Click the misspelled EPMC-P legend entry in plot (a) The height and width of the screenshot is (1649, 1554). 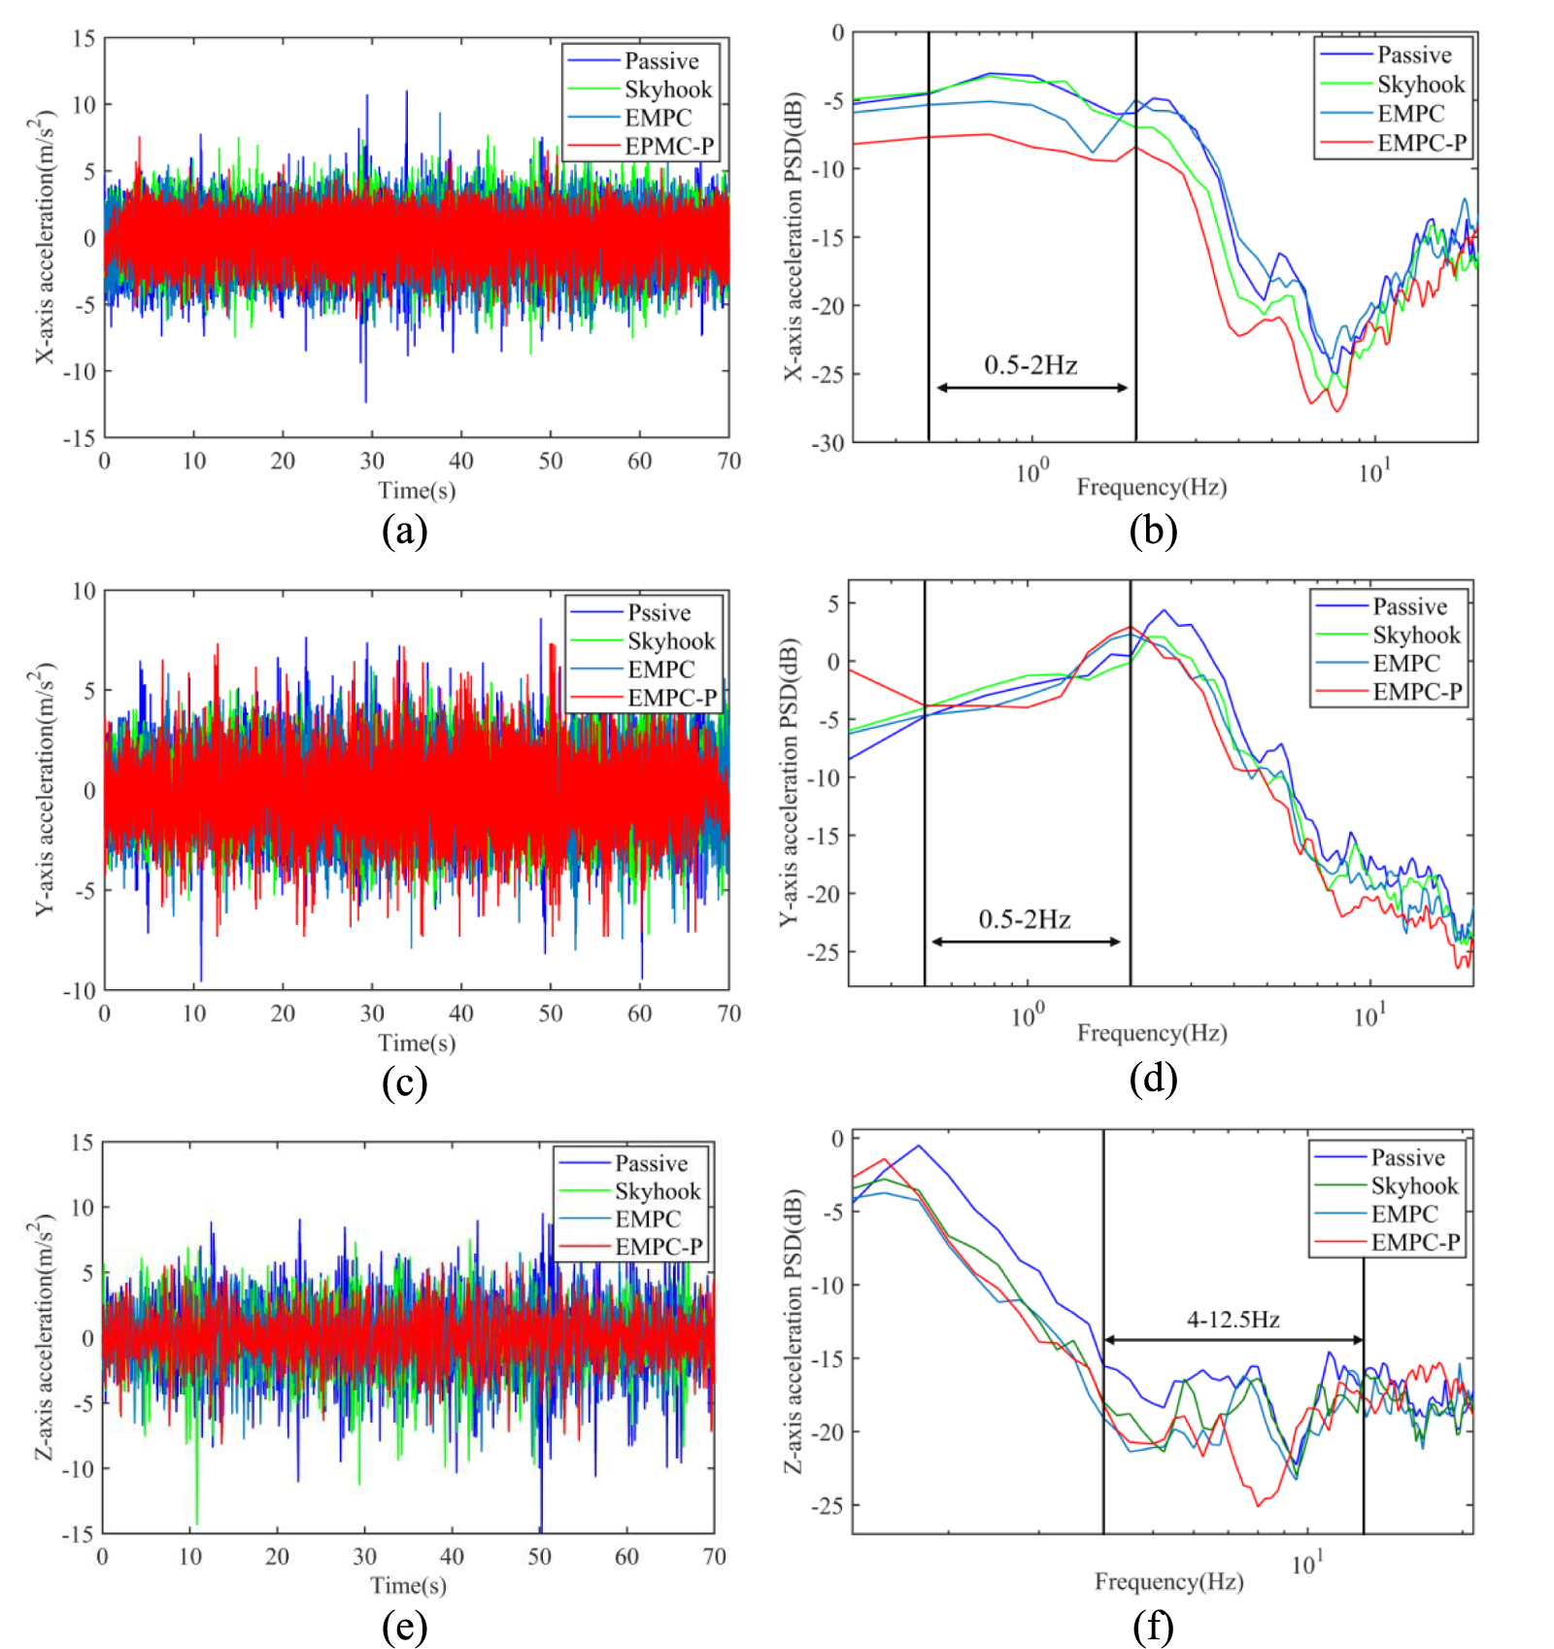[x=668, y=147]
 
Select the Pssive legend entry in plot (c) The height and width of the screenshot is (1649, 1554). [x=659, y=613]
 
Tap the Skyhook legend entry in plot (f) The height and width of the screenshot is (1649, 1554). [x=1413, y=1185]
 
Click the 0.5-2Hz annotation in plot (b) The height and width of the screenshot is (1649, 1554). [x=1030, y=365]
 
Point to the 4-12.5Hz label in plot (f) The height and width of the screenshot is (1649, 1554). [x=1233, y=1320]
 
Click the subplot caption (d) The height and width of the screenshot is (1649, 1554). [x=1153, y=1080]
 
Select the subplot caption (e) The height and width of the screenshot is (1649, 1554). [x=404, y=1627]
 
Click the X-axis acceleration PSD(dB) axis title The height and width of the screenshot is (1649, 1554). [x=794, y=237]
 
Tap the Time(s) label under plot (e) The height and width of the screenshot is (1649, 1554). [x=408, y=1585]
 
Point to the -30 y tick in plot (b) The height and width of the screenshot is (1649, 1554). [x=828, y=443]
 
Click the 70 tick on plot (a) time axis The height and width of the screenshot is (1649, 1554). [x=728, y=462]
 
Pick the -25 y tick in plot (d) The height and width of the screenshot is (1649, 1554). [x=823, y=952]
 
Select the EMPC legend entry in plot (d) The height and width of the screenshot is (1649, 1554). [x=1405, y=664]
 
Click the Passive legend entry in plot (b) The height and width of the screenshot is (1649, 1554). [x=1413, y=55]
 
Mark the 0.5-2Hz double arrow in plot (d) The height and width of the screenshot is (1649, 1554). [x=1026, y=942]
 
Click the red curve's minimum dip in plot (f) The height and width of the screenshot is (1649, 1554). [x=1258, y=1505]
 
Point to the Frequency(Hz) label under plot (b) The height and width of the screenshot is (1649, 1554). [x=1151, y=487]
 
